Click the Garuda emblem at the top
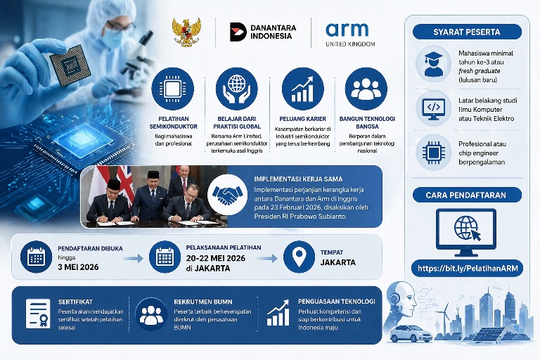pyautogui.click(x=186, y=32)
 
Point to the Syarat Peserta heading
pyautogui.click(x=467, y=32)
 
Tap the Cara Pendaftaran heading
pyautogui.click(x=467, y=195)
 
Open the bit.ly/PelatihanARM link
pyautogui.click(x=467, y=269)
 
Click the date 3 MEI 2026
pyautogui.click(x=79, y=267)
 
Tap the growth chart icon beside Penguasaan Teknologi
pyautogui.click(x=278, y=313)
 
